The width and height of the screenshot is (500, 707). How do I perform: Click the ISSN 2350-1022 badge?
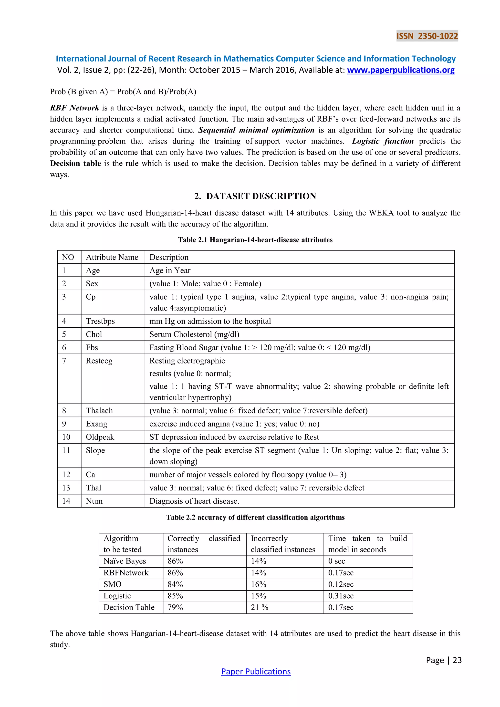[x=427, y=36]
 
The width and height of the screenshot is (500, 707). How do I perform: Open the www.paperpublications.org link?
[x=401, y=70]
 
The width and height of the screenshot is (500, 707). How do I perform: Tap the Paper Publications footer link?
[x=256, y=671]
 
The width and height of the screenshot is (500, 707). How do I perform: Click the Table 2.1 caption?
[x=255, y=240]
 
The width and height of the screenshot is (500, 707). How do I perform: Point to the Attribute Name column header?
[x=112, y=257]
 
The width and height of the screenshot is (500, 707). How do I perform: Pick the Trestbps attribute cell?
[x=100, y=321]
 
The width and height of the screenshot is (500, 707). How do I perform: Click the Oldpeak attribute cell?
[x=100, y=437]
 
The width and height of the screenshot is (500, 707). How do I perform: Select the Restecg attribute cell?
[x=99, y=361]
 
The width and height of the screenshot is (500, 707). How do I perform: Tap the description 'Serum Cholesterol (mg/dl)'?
[x=194, y=334]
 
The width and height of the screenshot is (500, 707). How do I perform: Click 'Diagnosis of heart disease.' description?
[x=194, y=501]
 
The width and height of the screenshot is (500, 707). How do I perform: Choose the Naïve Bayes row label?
[x=125, y=561]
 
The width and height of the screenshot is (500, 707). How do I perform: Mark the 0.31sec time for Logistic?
[x=341, y=596]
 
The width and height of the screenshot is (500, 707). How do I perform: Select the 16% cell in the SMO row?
[x=258, y=584]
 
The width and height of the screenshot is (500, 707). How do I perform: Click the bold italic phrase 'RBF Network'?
[x=74, y=108]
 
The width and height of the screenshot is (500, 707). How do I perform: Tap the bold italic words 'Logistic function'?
[x=383, y=141]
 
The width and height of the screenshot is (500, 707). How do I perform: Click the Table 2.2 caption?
[x=255, y=517]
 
